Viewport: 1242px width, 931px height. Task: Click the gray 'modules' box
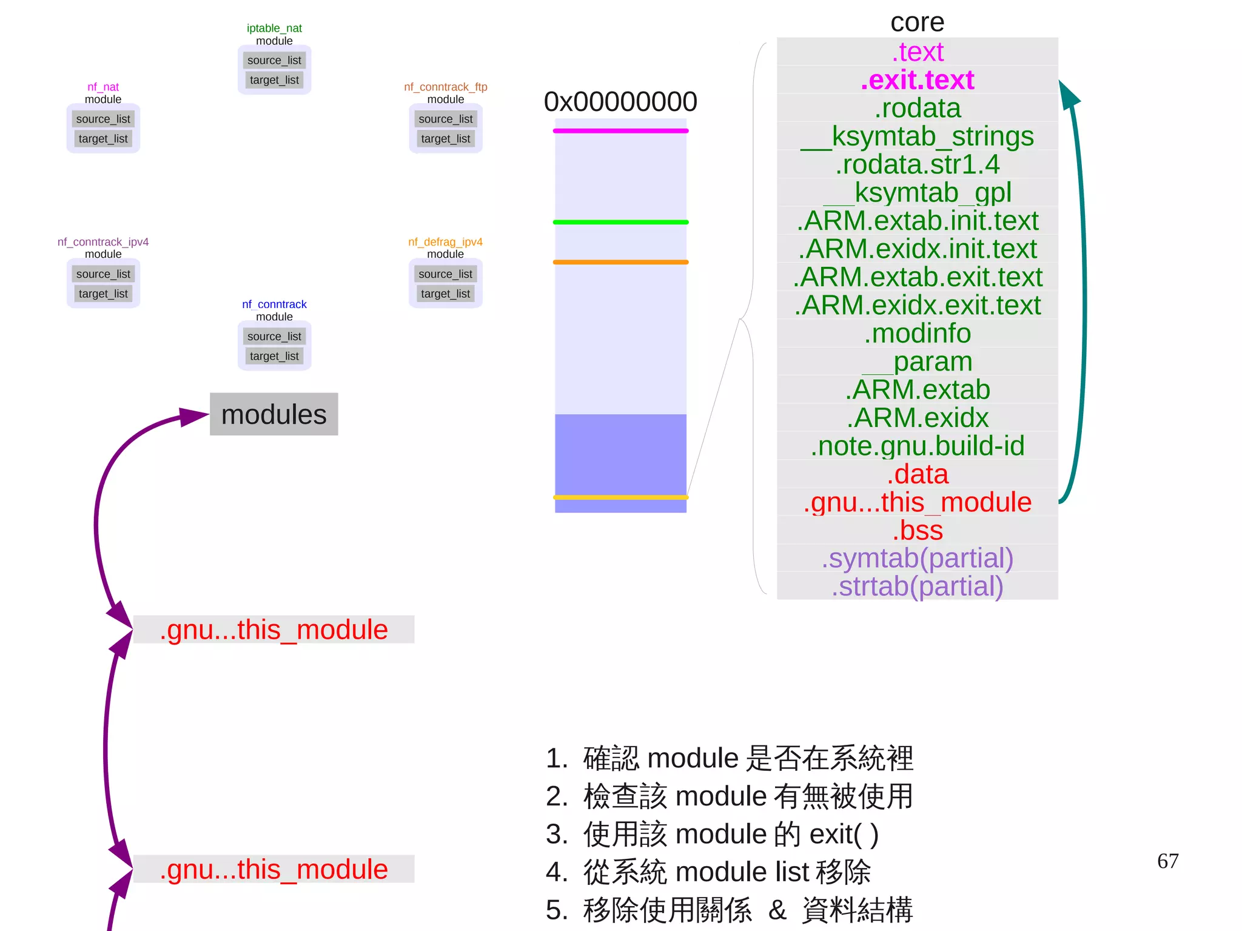274,414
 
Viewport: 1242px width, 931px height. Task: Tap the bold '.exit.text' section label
917,80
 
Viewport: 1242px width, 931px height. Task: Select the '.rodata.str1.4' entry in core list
917,164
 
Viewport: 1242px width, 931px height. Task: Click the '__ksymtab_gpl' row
917,193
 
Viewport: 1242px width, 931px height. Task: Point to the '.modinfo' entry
917,334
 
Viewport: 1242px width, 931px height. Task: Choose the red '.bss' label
917,531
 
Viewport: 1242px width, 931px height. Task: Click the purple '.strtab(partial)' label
917,586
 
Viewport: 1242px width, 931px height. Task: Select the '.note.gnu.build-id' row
917,446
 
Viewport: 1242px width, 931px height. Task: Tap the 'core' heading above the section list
917,22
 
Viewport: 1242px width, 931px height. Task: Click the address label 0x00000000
620,102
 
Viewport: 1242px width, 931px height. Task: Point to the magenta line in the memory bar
620,131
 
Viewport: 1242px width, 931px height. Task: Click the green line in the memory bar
620,222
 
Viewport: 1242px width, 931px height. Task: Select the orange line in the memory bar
620,262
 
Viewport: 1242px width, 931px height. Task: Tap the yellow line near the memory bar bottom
620,497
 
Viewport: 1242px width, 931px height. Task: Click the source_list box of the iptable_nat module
274,60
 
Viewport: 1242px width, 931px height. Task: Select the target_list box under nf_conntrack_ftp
446,139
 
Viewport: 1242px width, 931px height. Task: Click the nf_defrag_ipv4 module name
445,242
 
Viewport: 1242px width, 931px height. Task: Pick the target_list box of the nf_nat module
103,139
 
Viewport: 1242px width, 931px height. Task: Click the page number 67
1167,861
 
